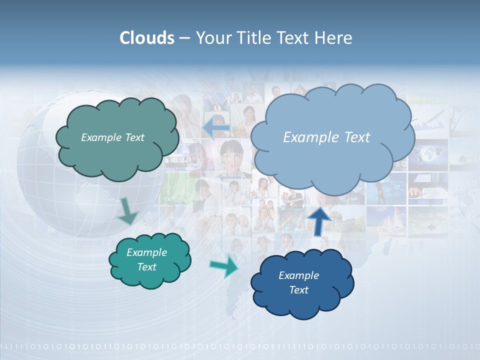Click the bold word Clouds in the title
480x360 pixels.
click(147, 38)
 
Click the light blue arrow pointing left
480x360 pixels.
click(215, 128)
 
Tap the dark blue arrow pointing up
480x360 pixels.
click(319, 220)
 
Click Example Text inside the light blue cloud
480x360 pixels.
click(326, 137)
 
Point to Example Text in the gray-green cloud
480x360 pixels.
click(112, 137)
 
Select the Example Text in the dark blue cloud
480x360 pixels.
click(298, 282)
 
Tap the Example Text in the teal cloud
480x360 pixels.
click(146, 259)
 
